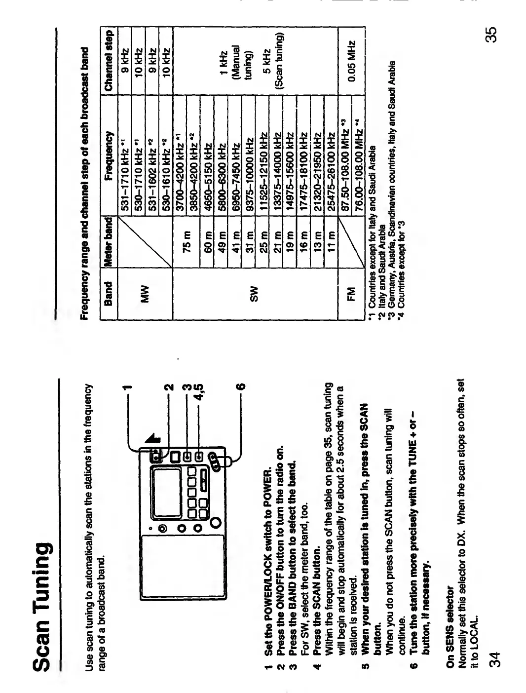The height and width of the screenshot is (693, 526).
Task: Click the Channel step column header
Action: tap(109, 52)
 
